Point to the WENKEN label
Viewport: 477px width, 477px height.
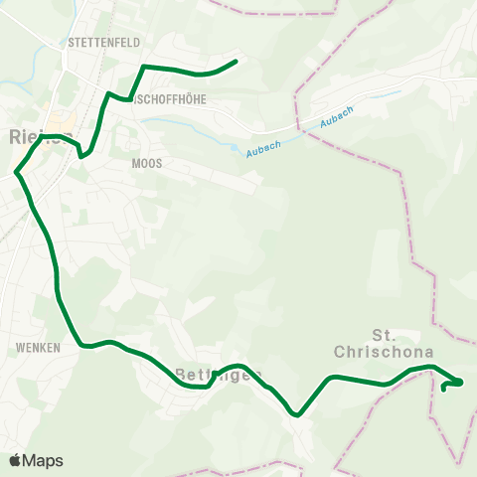pos(39,348)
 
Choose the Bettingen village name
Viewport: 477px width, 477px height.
pos(218,375)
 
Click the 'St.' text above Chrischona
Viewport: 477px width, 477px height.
pos(383,334)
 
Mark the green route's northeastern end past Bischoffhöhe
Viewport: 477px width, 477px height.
pos(236,62)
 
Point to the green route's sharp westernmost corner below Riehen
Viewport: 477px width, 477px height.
pos(16,174)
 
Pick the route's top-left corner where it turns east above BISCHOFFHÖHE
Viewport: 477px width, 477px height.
pos(145,66)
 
